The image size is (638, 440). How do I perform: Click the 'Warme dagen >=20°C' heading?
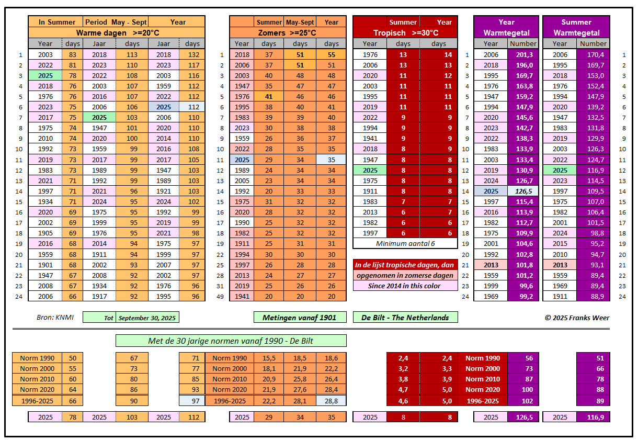tap(117, 32)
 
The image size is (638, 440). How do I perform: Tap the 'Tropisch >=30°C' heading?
tap(405, 32)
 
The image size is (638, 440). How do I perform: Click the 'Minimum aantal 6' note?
tap(405, 243)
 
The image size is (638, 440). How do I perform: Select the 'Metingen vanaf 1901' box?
tap(300, 318)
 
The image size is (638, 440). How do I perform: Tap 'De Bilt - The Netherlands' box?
tap(405, 318)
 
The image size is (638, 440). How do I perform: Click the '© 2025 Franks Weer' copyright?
tap(577, 318)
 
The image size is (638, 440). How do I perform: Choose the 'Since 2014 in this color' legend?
tap(405, 286)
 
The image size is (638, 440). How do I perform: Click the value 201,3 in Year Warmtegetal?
tap(523, 54)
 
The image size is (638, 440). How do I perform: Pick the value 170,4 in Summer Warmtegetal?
tap(593, 54)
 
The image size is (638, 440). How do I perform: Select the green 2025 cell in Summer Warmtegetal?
tap(560, 170)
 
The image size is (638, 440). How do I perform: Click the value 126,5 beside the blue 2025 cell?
tap(523, 191)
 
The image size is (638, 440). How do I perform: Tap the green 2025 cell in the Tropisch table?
tap(370, 170)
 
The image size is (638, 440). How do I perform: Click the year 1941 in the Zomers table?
tap(242, 296)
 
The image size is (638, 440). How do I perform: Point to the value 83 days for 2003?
tap(72, 54)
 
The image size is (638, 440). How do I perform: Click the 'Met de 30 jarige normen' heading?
tap(231, 341)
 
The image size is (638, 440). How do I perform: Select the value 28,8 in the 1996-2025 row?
tap(331, 401)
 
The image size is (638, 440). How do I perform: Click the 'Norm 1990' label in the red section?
tap(482, 358)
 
